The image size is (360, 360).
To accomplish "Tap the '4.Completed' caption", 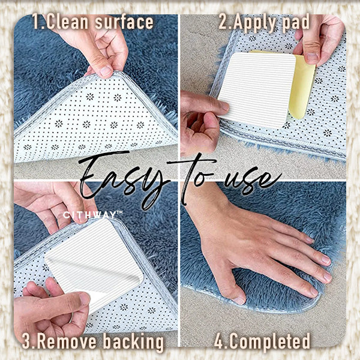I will [262, 342].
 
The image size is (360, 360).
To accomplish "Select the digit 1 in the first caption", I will [35, 23].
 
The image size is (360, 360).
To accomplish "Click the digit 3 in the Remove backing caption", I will [27, 342].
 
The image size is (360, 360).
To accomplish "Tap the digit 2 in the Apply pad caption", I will [223, 23].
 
